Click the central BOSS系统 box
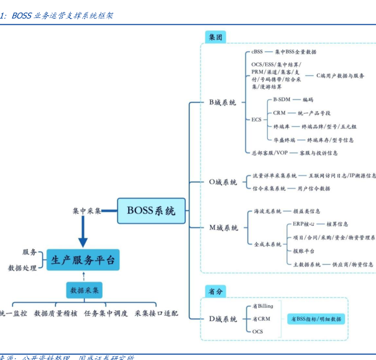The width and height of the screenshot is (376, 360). click(x=151, y=210)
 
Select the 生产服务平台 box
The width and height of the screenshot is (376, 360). click(x=83, y=260)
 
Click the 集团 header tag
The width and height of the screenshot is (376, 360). click(x=216, y=37)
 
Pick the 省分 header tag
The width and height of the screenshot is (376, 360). click(x=216, y=291)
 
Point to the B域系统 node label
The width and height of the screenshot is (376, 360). click(x=222, y=103)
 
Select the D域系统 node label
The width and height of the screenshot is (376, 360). click(x=222, y=319)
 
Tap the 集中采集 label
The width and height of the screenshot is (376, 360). click(x=87, y=211)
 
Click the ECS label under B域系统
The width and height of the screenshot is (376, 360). click(x=256, y=119)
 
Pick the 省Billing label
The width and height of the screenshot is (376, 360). click(x=262, y=306)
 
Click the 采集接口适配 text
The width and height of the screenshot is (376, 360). click(x=156, y=313)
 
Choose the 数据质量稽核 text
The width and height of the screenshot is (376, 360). click(x=56, y=313)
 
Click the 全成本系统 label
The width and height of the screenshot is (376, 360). click(x=267, y=244)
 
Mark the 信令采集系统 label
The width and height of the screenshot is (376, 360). click(x=269, y=188)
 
